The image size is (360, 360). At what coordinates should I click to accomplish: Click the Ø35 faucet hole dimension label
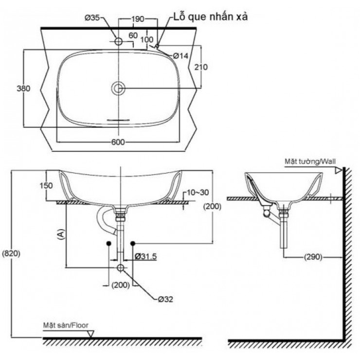[92, 18]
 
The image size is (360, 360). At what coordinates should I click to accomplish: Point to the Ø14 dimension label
[181, 56]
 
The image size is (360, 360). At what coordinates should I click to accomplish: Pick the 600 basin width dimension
[119, 142]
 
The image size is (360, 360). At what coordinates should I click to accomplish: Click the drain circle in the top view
[118, 88]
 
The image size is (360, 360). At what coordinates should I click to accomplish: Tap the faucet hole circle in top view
[118, 41]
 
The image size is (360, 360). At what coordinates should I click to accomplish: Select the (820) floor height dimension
[11, 253]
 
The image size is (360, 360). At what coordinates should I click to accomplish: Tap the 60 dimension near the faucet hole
[133, 35]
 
